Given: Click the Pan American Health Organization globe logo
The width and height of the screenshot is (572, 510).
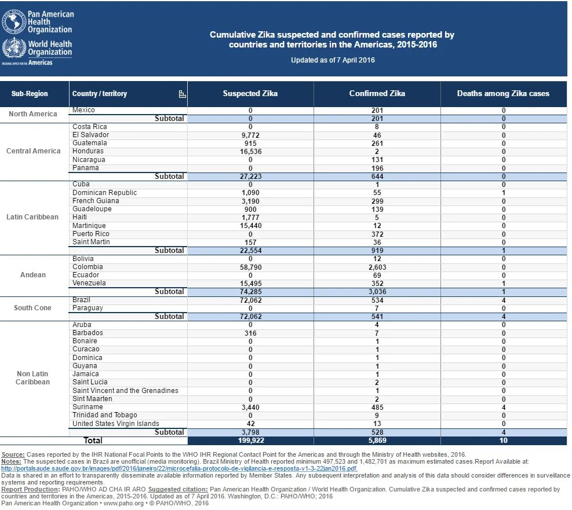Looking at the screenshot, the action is [x=14, y=22].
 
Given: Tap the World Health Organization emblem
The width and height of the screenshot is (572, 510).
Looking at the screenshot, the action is [x=14, y=47].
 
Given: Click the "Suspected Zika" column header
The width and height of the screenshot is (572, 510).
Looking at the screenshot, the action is [x=250, y=94].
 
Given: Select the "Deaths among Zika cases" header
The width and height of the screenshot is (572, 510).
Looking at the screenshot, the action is [x=503, y=94].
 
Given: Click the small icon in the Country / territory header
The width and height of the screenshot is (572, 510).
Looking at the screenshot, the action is [x=182, y=94].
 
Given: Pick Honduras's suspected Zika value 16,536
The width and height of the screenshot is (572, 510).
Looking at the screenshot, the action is [x=250, y=152].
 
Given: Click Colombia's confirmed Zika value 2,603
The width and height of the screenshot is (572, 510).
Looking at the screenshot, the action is [x=377, y=267].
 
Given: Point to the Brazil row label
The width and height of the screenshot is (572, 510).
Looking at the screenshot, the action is [x=81, y=300].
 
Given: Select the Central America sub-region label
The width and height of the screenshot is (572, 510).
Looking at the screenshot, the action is [x=33, y=151].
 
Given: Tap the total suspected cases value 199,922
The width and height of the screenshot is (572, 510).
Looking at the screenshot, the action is [x=250, y=441].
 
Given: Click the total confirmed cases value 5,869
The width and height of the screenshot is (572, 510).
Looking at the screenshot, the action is [x=377, y=441].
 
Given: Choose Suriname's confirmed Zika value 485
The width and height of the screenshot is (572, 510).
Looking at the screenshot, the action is [x=377, y=408].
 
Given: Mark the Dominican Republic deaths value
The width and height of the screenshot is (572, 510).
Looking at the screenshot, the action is [x=504, y=193].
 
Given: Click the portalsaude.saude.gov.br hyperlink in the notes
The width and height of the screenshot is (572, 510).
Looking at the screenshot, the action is [x=179, y=468].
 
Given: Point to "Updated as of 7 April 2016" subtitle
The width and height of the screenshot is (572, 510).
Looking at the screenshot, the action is [x=333, y=60].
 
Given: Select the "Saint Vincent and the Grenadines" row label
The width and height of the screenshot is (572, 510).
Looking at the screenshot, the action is [x=125, y=391].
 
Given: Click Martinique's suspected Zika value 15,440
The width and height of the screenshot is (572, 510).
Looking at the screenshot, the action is [x=250, y=226].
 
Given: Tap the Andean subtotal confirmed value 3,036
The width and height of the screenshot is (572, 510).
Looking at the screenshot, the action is [x=377, y=292].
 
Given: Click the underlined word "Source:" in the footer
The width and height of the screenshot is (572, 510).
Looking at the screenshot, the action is [x=13, y=454].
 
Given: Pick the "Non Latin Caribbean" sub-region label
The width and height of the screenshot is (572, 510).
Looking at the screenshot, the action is [x=32, y=378].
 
